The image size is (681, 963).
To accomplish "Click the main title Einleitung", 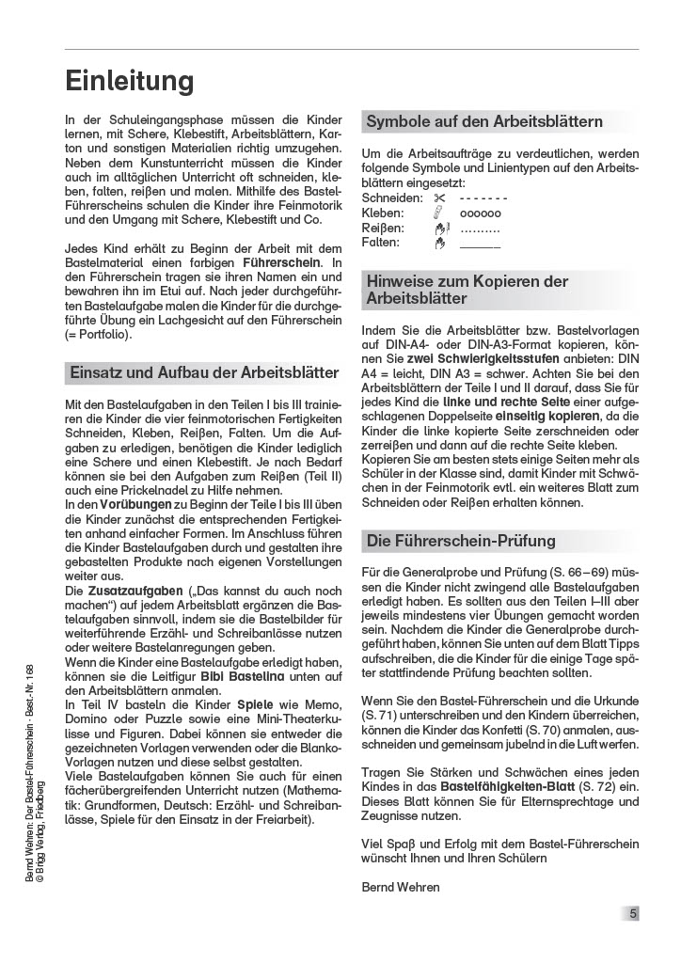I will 130,81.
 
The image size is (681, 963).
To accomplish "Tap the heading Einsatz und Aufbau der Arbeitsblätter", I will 204,372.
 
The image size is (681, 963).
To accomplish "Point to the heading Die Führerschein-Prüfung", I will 461,541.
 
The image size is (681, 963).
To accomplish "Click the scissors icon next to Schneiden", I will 438,199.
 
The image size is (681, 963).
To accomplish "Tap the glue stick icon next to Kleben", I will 438,213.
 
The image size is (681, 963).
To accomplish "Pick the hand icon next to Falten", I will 437,243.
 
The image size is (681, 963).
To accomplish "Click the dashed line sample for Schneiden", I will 483,199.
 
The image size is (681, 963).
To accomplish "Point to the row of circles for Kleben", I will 480,213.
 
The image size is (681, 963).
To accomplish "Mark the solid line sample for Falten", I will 480,245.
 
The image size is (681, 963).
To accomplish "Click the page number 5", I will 633,912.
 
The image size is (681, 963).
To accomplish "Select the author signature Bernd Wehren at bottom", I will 400,887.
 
